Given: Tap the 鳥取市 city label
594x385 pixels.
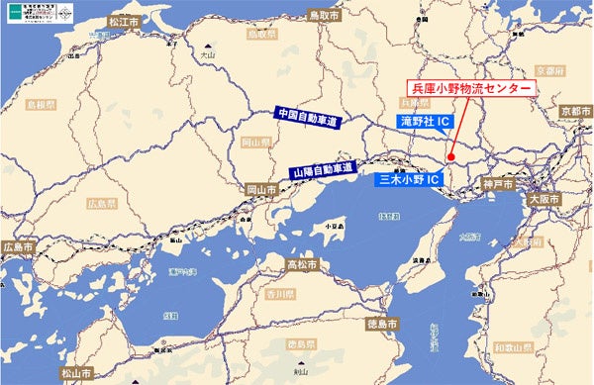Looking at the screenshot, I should coord(324,17).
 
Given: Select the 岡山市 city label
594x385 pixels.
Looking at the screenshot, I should coord(261,188).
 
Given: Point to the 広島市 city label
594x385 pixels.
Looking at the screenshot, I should coord(18,246).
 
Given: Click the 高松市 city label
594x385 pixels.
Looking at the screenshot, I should coord(302,265).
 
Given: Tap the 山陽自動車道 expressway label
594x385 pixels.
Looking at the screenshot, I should coord(323,170).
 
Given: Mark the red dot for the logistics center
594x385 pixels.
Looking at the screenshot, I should coord(449,156).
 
